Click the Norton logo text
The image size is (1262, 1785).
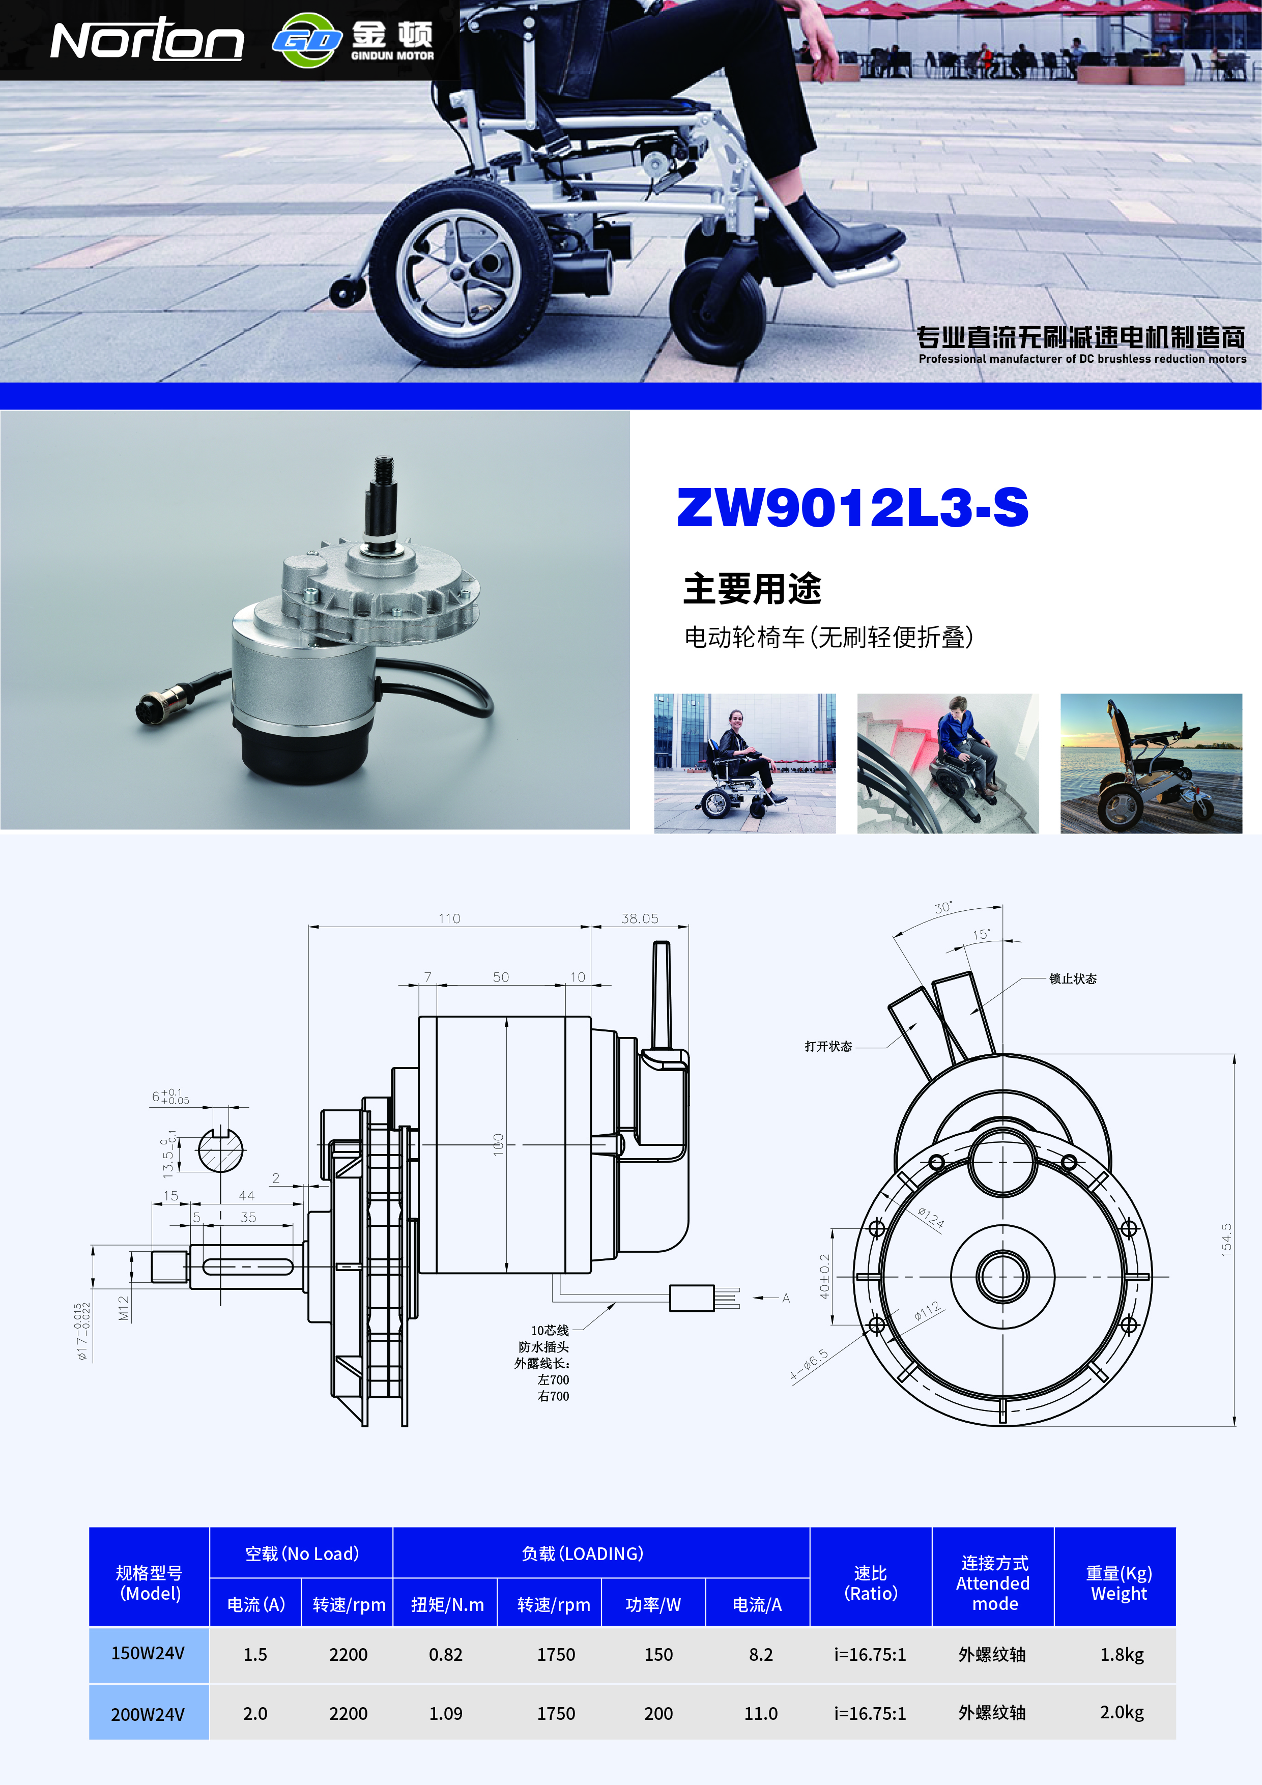(x=147, y=40)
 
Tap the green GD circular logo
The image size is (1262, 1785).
(x=308, y=40)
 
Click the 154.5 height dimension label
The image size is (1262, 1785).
(x=1226, y=1239)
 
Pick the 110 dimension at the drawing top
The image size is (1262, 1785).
(x=449, y=918)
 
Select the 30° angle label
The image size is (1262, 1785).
(x=943, y=907)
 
